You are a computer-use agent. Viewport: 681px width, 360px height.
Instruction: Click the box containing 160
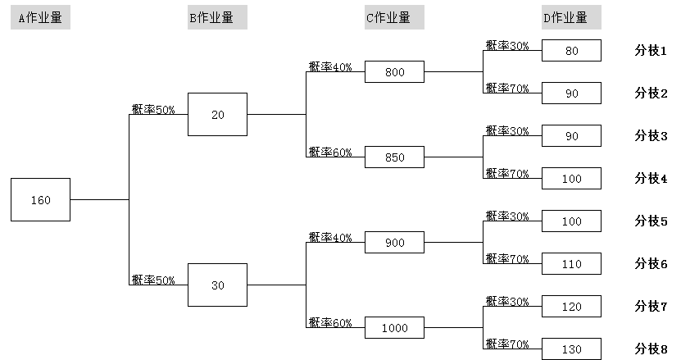click(40, 199)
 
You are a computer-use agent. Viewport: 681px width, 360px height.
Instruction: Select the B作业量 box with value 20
click(217, 114)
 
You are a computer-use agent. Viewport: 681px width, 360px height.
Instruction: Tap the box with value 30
click(217, 285)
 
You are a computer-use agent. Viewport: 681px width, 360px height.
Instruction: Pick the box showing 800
click(394, 72)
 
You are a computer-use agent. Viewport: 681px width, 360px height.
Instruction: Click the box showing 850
click(394, 157)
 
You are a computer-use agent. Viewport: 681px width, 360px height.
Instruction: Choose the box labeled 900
click(394, 243)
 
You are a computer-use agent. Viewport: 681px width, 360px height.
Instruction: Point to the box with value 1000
click(394, 328)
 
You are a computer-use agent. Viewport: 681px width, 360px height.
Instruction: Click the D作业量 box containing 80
click(571, 51)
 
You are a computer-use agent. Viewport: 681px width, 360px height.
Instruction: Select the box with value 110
click(571, 264)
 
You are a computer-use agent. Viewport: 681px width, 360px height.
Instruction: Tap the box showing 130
click(571, 349)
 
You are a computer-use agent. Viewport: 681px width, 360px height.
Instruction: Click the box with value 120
click(571, 307)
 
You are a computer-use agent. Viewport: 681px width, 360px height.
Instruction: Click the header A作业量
click(40, 18)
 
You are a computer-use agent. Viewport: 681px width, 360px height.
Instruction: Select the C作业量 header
click(394, 18)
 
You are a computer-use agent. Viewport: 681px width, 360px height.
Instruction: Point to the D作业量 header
click(571, 18)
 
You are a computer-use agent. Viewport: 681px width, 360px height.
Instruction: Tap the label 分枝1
click(651, 50)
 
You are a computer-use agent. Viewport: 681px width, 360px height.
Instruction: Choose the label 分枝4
click(651, 178)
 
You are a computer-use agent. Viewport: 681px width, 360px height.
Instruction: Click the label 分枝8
click(651, 349)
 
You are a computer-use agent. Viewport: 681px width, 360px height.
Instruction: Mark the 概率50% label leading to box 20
click(153, 109)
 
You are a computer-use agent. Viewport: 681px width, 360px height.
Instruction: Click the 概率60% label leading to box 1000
click(330, 323)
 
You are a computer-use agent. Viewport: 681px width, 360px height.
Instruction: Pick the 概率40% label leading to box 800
click(330, 67)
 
